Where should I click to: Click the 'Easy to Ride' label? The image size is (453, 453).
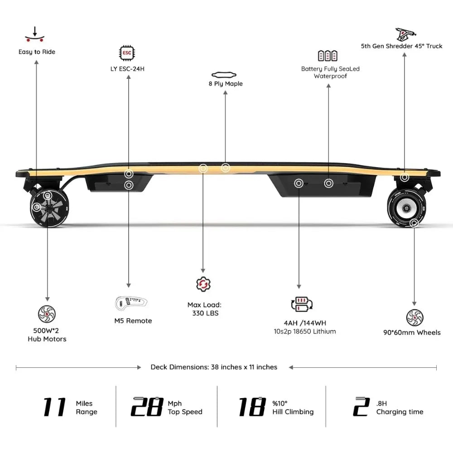tap(37, 52)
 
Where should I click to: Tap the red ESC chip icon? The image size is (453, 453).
tap(127, 53)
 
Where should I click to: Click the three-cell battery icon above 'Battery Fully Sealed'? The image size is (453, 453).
tap(327, 56)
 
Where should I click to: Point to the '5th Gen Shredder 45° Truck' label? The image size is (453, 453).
tap(402, 46)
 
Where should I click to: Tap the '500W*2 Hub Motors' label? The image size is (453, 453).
tap(47, 335)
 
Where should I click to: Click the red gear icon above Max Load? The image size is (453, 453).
tap(202, 284)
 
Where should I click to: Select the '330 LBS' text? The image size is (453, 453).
tap(204, 313)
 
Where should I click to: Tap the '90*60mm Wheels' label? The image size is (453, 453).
tap(411, 333)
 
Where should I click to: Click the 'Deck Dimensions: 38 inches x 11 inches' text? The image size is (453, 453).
tap(214, 367)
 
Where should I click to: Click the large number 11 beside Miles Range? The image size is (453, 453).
tap(54, 407)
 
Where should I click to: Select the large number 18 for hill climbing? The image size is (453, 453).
tap(251, 407)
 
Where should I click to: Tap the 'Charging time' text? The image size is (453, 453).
tap(400, 412)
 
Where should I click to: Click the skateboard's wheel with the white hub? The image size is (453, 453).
tap(404, 208)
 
